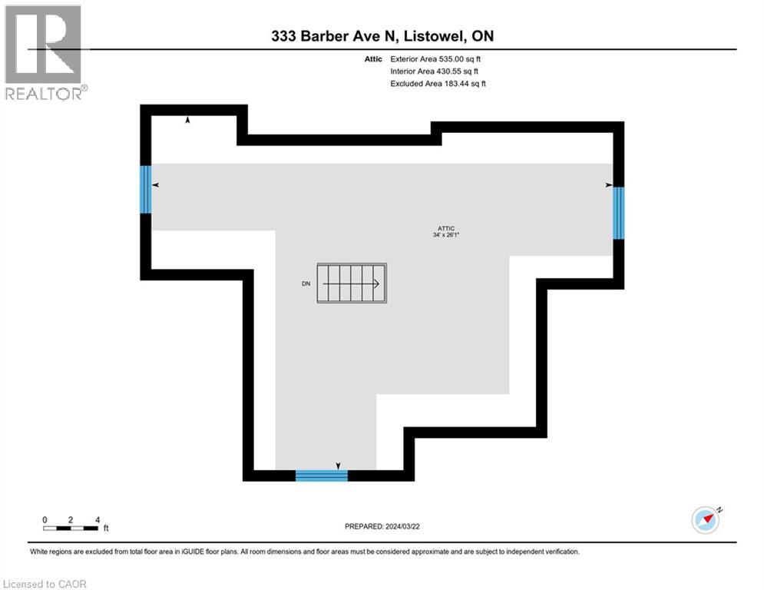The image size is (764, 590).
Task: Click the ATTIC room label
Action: click(447, 228)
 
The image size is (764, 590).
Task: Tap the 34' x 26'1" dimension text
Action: click(447, 236)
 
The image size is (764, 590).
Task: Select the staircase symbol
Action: click(352, 283)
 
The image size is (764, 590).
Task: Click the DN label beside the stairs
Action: click(306, 283)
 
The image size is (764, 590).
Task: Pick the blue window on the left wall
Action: click(145, 189)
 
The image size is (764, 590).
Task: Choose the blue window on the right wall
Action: click(618, 212)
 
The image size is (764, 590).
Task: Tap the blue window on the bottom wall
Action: click(322, 476)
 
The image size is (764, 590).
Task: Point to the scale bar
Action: click(71, 528)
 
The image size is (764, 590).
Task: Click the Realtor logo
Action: click(44, 52)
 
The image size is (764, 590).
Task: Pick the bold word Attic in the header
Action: click(373, 58)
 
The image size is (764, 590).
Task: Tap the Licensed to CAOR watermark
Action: click(46, 584)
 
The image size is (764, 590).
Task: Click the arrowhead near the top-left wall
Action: click(187, 120)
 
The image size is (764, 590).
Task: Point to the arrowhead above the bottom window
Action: click(339, 465)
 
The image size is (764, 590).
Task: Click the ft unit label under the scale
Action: click(106, 529)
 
